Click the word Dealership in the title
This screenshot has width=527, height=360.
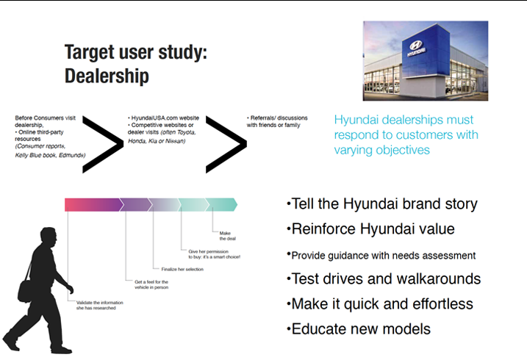(107, 76)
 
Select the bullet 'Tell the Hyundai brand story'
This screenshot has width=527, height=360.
(381, 204)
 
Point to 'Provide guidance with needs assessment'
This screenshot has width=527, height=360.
(381, 255)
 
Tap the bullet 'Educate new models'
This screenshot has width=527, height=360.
(351, 329)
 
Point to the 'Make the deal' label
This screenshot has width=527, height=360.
(226, 236)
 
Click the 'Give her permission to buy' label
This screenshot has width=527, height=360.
(214, 253)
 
